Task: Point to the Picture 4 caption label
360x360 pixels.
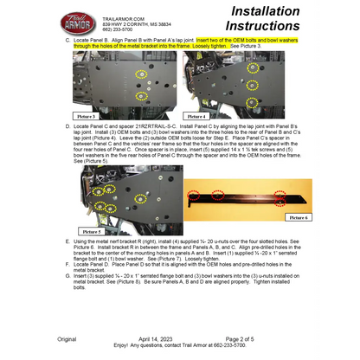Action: pyautogui.click(x=196, y=115)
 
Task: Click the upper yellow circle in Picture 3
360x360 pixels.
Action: pyautogui.click(x=141, y=75)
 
